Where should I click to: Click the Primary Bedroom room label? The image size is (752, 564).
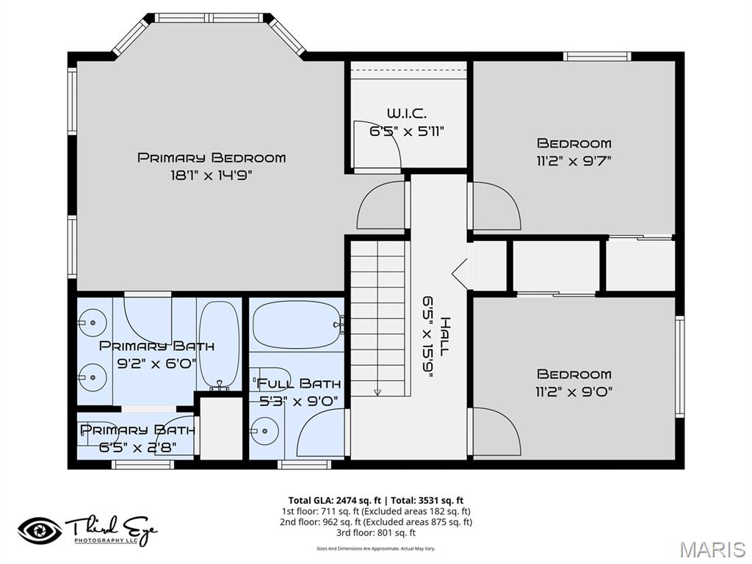point(211,157)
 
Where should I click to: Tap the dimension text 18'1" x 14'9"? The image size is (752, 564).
point(211,175)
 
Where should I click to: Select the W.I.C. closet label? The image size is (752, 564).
point(406,113)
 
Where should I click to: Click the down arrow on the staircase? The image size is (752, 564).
point(377,392)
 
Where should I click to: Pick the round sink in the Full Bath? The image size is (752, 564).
point(263,430)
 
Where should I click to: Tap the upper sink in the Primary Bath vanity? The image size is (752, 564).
point(92,320)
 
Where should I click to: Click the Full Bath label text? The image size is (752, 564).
point(297,383)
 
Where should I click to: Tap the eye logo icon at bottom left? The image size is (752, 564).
point(40,530)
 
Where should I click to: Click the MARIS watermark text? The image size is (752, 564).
point(712,549)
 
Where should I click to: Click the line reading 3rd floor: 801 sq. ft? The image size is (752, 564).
point(375,532)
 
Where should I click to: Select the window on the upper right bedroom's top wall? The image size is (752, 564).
point(596,56)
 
